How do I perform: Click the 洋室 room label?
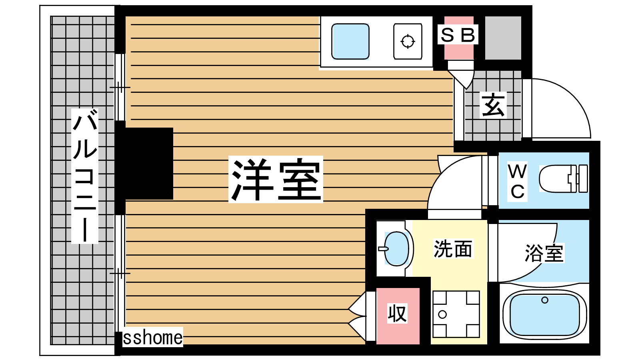[276, 179]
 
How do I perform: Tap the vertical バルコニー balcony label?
[85, 176]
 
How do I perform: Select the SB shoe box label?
[458, 35]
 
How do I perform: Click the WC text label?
[518, 182]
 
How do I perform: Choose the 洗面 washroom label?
[452, 249]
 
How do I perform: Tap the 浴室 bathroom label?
[544, 253]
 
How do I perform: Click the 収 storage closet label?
[397, 313]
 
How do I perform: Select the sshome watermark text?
[152, 338]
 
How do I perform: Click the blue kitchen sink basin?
[350, 42]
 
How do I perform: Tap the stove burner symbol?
[408, 42]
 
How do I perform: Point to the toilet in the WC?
[563, 178]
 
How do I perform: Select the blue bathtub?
[544, 314]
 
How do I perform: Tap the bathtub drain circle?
[544, 300]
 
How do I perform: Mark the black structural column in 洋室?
[144, 164]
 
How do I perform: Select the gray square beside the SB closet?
[503, 38]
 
